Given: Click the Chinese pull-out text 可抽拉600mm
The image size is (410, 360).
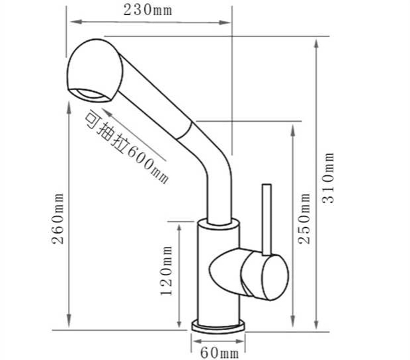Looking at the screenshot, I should (125, 146).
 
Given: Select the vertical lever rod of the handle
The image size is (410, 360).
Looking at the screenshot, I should (266, 218).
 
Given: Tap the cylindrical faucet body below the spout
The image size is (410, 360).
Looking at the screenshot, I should (218, 271).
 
